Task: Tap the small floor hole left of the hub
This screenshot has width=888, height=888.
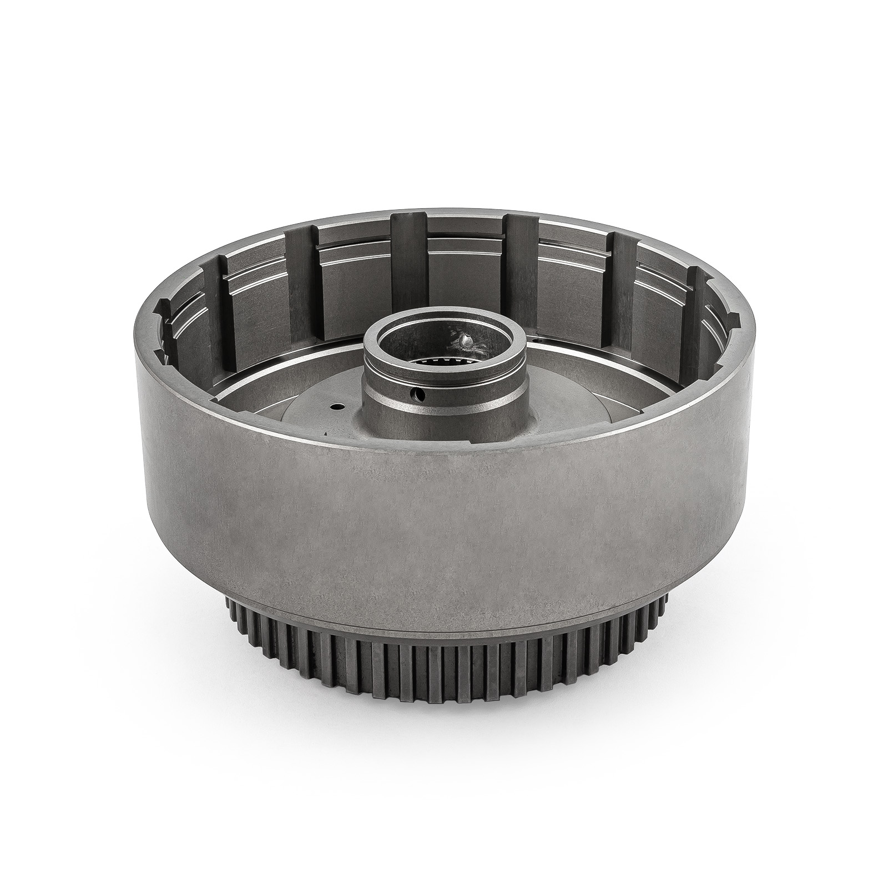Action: tap(335, 406)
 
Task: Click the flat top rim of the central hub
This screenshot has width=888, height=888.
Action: tap(444, 329)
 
